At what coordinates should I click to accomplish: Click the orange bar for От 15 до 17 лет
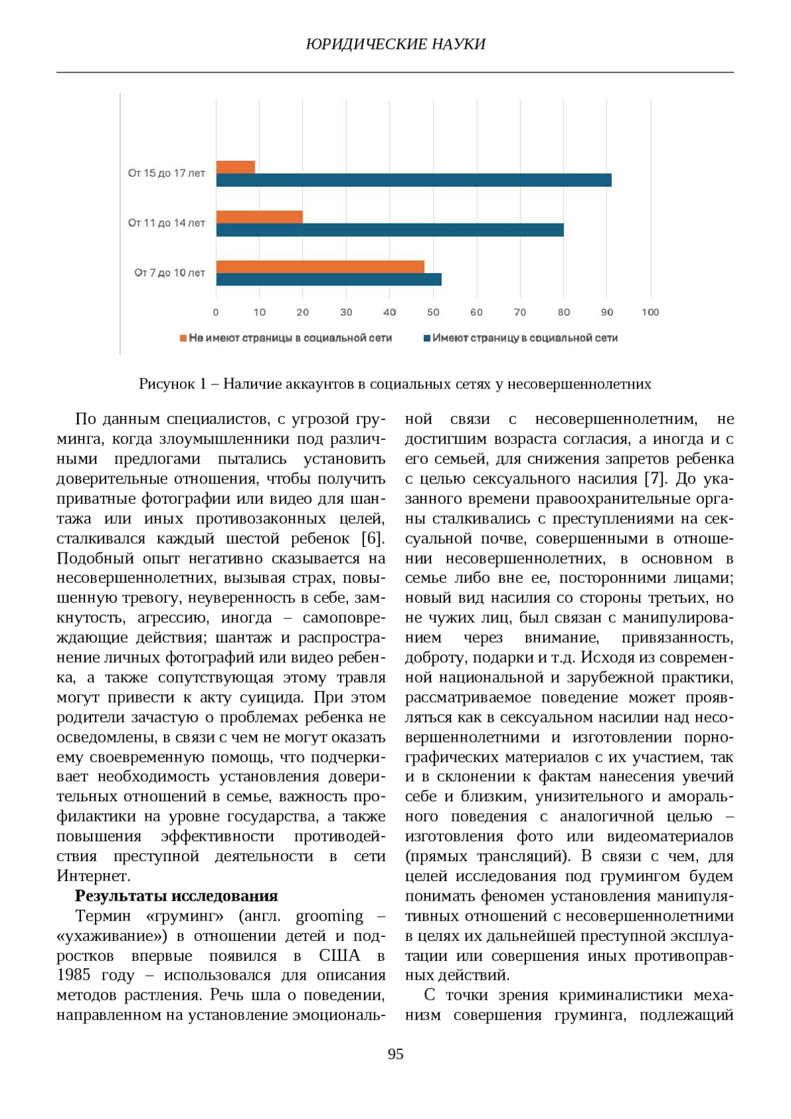[235, 167]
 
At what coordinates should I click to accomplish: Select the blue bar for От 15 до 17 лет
[413, 180]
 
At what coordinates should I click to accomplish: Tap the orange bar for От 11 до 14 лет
[259, 217]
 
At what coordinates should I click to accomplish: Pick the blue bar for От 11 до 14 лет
[390, 230]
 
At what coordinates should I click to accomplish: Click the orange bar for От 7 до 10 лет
[320, 266]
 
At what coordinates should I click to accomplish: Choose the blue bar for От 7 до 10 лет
[328, 280]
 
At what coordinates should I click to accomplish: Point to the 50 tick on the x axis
[433, 313]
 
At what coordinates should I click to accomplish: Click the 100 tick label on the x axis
[650, 313]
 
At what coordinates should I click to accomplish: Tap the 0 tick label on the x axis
[216, 313]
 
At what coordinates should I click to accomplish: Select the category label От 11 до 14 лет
[166, 223]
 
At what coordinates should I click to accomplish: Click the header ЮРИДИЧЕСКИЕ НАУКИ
[395, 44]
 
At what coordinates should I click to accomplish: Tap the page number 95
[395, 1054]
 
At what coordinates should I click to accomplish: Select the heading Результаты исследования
[176, 895]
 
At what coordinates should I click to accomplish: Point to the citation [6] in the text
[372, 538]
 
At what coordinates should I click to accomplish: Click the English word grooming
[329, 916]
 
